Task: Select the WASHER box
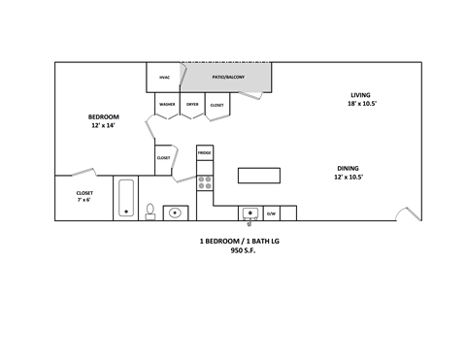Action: (166, 104)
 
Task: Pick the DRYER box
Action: (192, 104)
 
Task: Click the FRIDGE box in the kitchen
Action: (204, 153)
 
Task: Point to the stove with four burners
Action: (204, 180)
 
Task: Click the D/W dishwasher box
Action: (271, 213)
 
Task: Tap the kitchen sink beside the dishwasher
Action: (250, 213)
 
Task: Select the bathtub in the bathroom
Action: (126, 198)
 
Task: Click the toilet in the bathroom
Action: (150, 211)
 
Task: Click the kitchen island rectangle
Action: (259, 175)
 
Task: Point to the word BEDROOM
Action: (103, 116)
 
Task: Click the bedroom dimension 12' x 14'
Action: (103, 126)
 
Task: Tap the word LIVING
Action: (361, 94)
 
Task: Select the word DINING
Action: (347, 168)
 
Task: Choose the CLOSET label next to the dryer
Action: (216, 104)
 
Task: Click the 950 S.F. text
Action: (243, 250)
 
